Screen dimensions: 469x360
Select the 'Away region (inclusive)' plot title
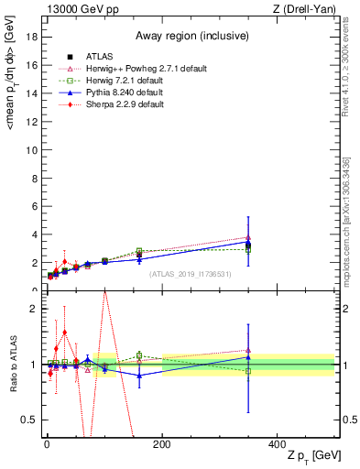click(189, 36)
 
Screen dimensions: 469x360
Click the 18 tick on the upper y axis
click(36, 36)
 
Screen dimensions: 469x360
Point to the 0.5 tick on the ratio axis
click(32, 420)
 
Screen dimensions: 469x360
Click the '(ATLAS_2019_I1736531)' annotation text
click(190, 274)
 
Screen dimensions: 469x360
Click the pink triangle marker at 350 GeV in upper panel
click(248, 237)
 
